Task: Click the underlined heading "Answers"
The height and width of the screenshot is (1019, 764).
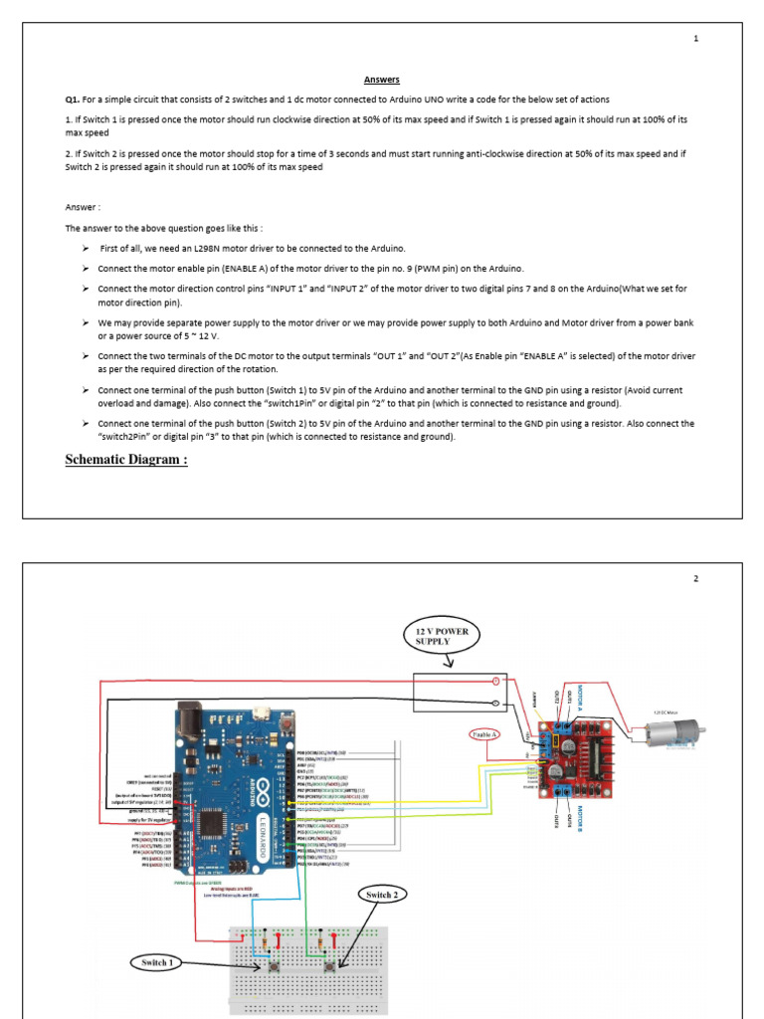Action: pyautogui.click(x=381, y=81)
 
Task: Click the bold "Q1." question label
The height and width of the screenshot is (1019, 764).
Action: pyautogui.click(x=73, y=100)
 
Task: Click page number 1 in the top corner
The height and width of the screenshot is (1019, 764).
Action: pyautogui.click(x=696, y=39)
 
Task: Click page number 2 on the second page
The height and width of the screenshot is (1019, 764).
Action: pyautogui.click(x=696, y=579)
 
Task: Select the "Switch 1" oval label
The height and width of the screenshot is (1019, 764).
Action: pyautogui.click(x=156, y=962)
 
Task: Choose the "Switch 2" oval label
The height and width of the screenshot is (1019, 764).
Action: pyautogui.click(x=381, y=895)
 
